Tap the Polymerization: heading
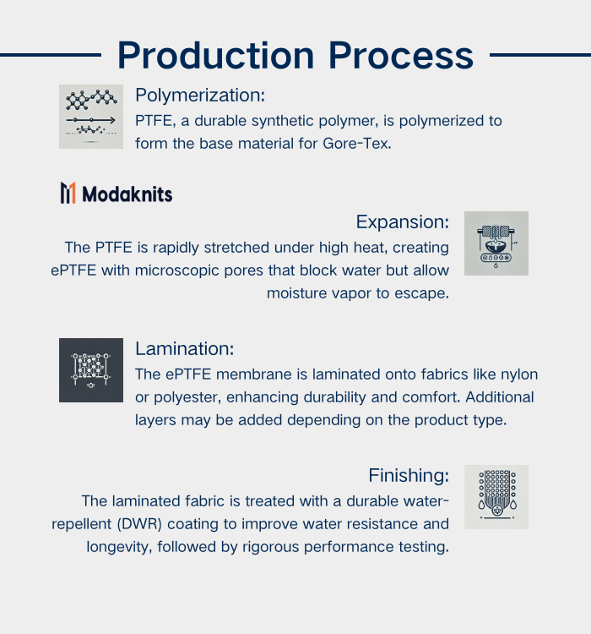click(200, 95)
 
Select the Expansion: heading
click(402, 221)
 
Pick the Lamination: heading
click(184, 348)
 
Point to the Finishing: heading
click(409, 475)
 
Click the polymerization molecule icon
click(91, 117)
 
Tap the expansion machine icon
click(496, 243)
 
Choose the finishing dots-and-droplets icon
click(496, 497)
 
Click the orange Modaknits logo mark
click(68, 194)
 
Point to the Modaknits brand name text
click(127, 194)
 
